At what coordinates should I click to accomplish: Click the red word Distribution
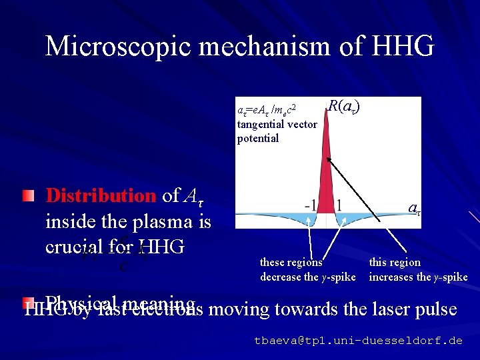click(x=100, y=195)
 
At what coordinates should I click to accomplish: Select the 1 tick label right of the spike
click(x=339, y=205)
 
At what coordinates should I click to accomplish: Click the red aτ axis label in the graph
click(x=414, y=209)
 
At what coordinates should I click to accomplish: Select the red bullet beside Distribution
click(x=27, y=196)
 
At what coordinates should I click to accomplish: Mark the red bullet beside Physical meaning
click(x=27, y=302)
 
